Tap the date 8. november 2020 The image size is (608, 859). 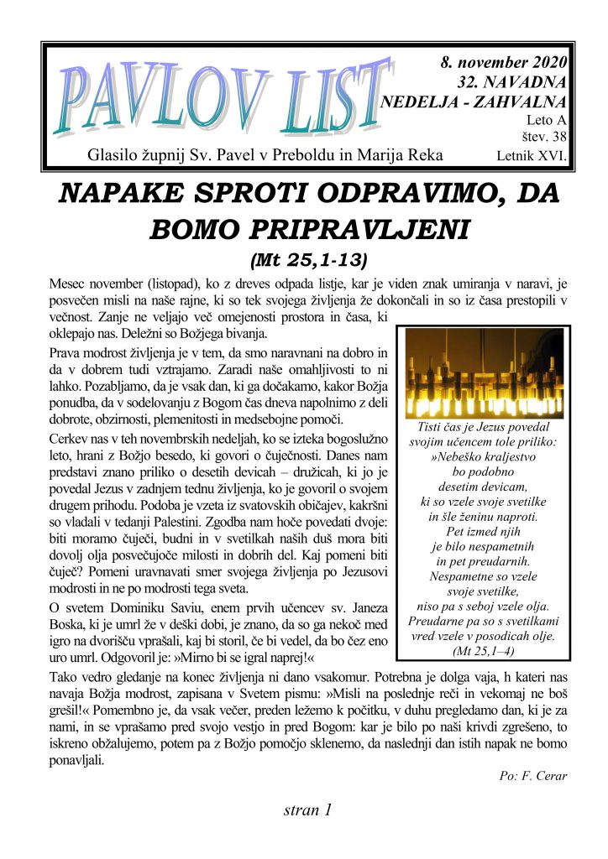[503, 62]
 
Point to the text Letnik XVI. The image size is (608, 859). [532, 156]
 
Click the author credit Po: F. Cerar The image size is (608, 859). [532, 776]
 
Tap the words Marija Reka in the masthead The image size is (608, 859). [407, 155]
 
